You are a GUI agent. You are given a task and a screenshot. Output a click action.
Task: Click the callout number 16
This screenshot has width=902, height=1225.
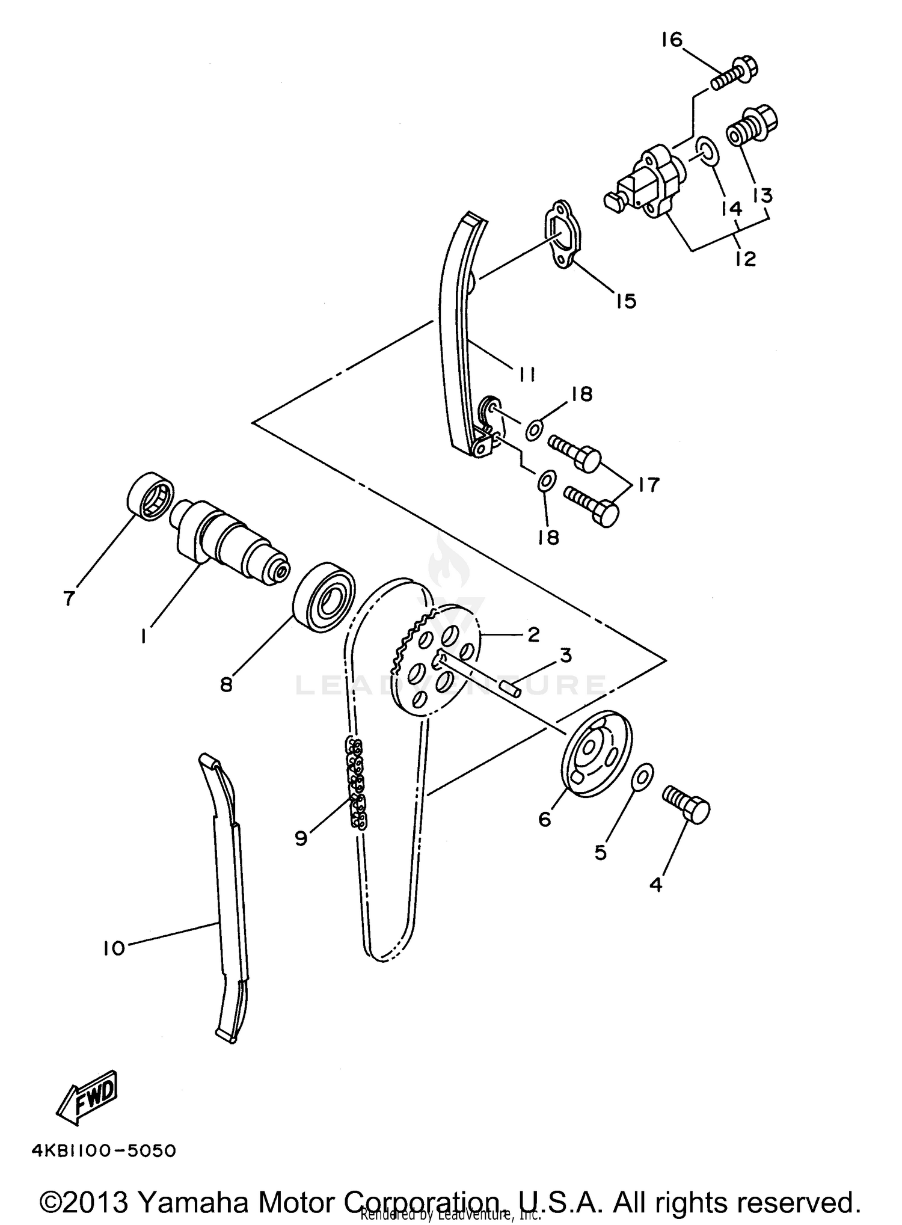pos(672,41)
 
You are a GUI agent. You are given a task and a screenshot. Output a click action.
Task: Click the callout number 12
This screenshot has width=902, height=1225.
pos(744,259)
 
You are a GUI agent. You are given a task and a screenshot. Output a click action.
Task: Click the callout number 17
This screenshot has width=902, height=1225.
pos(649,484)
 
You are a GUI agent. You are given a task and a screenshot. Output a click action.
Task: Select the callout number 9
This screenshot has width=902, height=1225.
pos(301,838)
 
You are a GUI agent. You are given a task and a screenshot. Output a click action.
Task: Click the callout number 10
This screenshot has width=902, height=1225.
pos(113,948)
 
